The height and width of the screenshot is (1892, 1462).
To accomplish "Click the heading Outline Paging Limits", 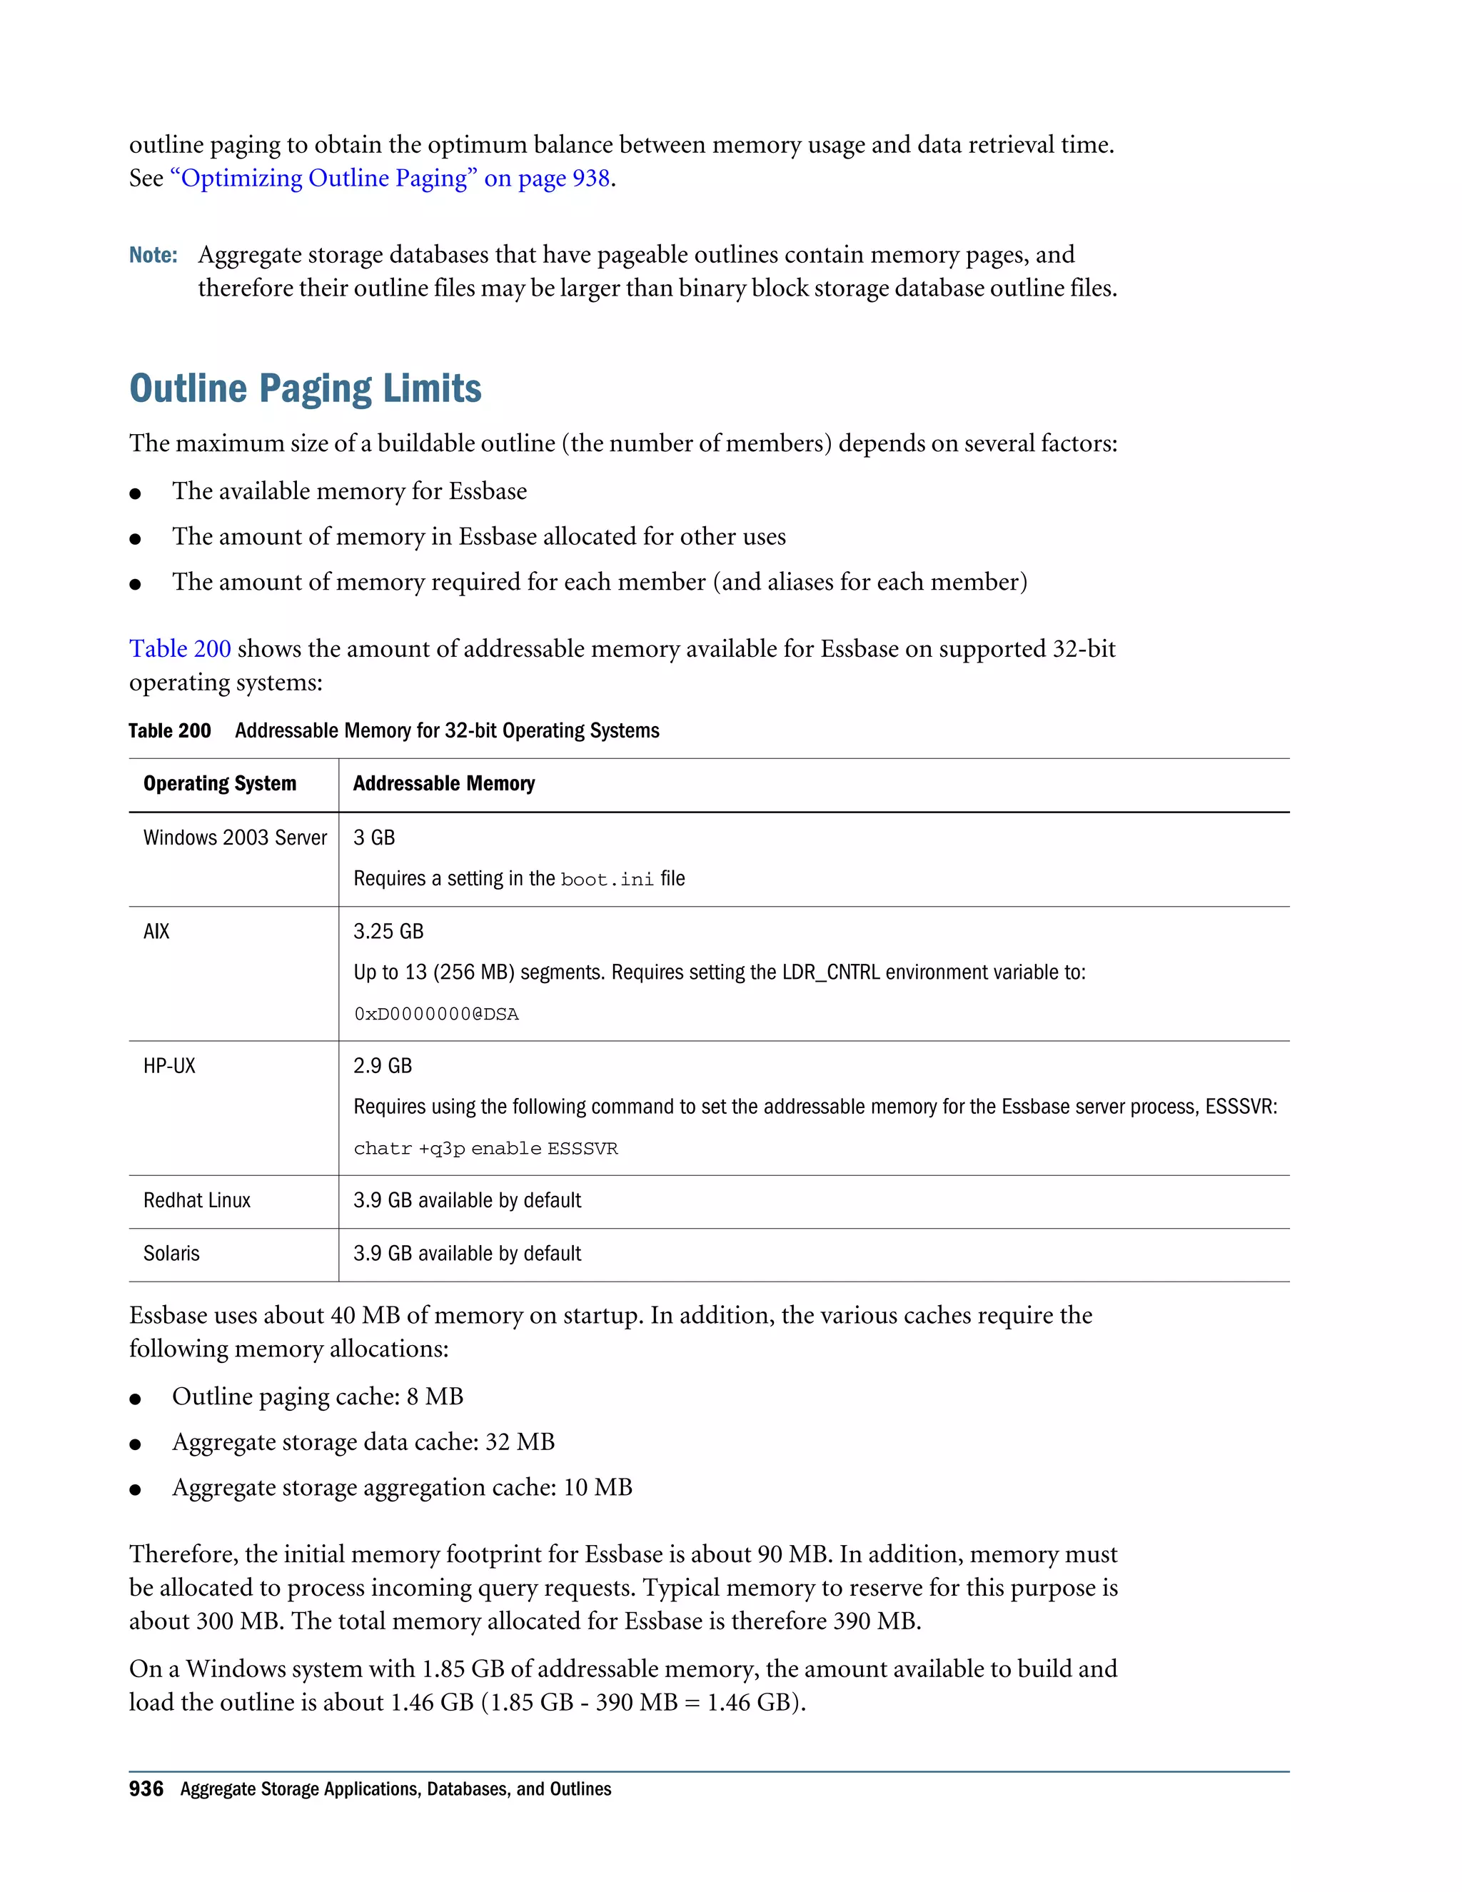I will pos(305,389).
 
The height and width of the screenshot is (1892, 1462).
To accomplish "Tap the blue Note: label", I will pos(153,256).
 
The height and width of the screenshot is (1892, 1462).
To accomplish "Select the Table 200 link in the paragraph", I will pos(180,649).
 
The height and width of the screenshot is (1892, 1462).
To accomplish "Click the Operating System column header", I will pos(220,784).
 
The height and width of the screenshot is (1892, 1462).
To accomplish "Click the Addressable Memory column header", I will pos(443,784).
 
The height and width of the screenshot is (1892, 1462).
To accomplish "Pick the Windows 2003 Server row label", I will pos(235,837).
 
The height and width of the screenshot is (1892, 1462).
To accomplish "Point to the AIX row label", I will pos(157,932).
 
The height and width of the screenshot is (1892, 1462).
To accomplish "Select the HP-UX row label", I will pos(170,1067).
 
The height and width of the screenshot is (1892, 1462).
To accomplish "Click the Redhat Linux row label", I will pos(196,1201).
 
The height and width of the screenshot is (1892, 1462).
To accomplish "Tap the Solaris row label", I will pos(171,1254).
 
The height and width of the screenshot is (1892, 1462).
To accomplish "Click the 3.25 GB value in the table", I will pos(388,932).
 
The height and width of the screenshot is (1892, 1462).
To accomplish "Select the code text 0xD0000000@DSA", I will pos(435,1015).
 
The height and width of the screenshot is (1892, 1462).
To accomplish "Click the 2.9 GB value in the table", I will pos(382,1067).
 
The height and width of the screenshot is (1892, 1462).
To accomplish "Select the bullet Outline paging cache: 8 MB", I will pos(317,1397).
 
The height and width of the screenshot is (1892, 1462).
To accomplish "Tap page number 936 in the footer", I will pos(146,1789).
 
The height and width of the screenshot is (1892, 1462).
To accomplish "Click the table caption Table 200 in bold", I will pos(170,731).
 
